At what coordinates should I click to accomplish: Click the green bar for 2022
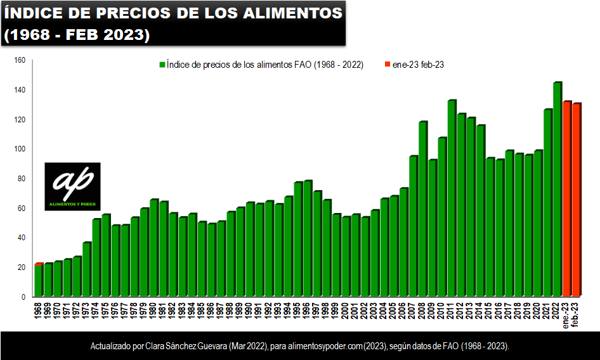557,190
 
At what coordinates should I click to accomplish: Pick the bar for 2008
422,209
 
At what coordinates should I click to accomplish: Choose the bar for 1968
39,281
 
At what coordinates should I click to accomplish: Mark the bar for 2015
490,228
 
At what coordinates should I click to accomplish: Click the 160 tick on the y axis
20,61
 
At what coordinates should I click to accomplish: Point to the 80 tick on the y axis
21,179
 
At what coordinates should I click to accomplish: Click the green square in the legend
162,65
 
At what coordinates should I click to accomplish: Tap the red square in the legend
388,65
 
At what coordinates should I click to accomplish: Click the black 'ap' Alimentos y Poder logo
72,186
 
